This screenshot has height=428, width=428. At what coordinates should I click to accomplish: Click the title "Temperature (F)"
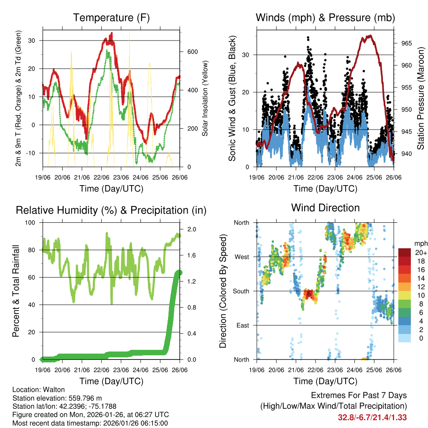click(111, 18)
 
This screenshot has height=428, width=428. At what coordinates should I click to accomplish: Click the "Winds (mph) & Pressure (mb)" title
click(325, 18)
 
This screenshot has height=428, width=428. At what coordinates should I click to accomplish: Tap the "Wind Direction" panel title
click(325, 207)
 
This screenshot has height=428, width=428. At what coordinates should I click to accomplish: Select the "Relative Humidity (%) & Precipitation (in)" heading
click(111, 210)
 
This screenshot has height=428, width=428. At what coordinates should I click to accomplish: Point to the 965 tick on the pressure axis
click(401, 43)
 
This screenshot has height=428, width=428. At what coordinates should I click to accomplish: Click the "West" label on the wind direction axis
click(242, 257)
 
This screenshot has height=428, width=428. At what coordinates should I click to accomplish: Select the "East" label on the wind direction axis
click(242, 325)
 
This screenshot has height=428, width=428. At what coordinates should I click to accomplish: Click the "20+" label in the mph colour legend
click(419, 252)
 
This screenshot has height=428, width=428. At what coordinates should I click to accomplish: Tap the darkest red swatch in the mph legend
click(405, 252)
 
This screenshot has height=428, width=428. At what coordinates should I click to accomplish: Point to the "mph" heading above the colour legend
click(420, 243)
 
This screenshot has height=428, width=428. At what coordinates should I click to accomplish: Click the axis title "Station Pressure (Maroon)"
click(420, 99)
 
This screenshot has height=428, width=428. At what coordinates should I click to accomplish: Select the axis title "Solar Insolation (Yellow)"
click(205, 99)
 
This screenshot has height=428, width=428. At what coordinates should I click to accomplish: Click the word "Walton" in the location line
click(53, 389)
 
